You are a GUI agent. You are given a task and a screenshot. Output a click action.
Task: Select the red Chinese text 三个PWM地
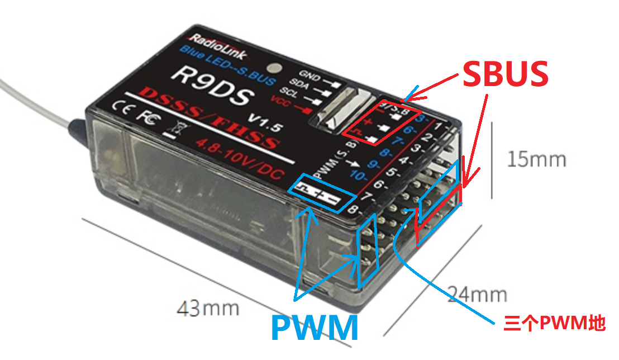(554, 323)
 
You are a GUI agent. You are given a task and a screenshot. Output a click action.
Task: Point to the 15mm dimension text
(536, 160)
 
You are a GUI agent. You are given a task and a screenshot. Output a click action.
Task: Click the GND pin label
(309, 74)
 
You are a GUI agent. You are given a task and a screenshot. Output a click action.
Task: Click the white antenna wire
(34, 98)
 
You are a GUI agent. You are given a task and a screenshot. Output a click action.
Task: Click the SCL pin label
(299, 92)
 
